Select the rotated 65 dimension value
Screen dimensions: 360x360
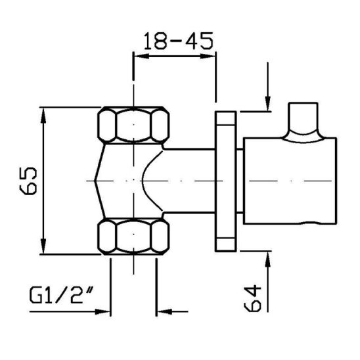point(28,181)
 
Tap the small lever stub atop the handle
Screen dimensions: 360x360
point(305,118)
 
